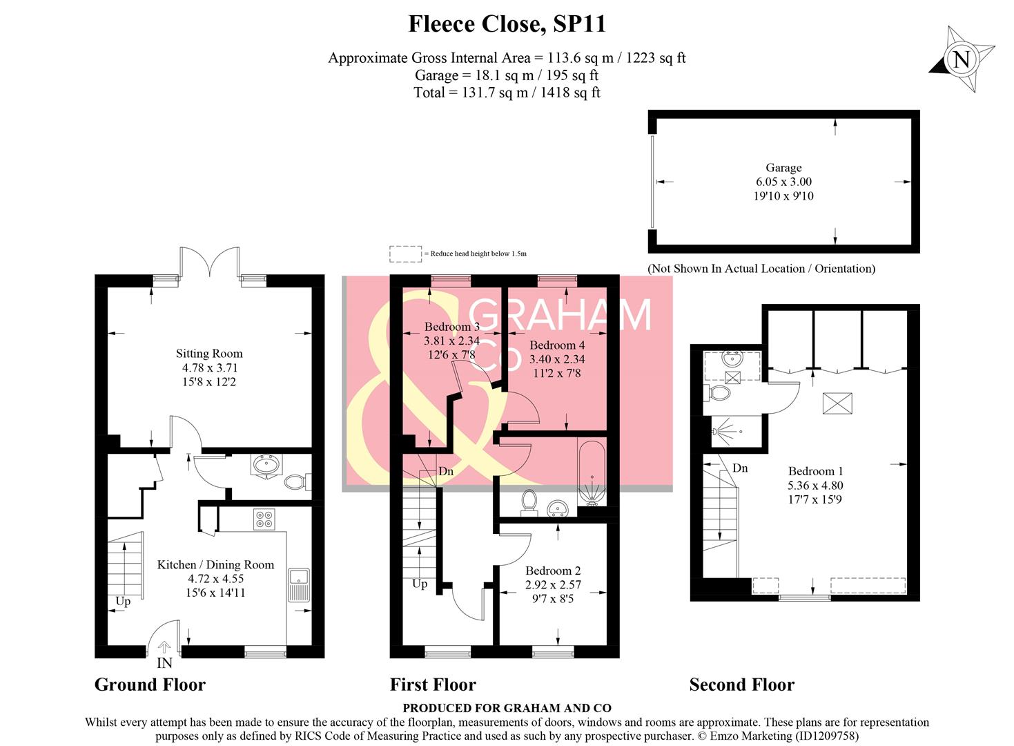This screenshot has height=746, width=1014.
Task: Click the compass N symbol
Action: click(x=962, y=59)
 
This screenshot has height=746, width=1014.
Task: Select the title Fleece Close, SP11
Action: click(x=507, y=24)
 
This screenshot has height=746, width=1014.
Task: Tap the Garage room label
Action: click(x=783, y=168)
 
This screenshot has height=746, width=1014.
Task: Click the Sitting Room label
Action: click(x=209, y=354)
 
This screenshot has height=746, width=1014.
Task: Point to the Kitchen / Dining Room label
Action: click(x=215, y=565)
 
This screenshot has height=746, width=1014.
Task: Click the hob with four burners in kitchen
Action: click(x=263, y=519)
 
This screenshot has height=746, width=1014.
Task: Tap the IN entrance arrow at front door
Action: click(x=164, y=648)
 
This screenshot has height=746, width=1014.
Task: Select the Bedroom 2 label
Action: click(x=553, y=571)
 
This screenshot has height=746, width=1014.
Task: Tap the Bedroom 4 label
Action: click(x=557, y=345)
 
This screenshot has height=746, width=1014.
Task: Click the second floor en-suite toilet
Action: click(x=719, y=393)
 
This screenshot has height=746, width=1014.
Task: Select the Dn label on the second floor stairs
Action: click(x=739, y=468)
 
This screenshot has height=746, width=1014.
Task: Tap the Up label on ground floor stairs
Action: click(x=123, y=601)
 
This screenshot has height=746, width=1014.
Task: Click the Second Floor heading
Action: click(x=741, y=685)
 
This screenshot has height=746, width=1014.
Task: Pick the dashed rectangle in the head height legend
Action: click(x=405, y=254)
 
